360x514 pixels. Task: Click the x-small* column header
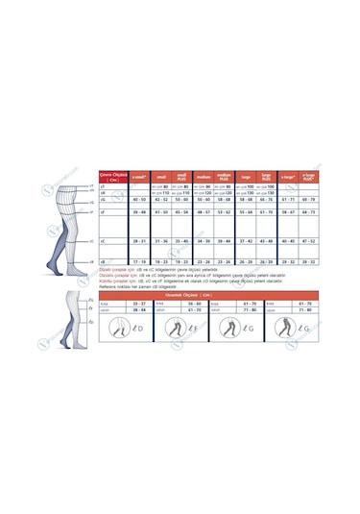tap(139, 177)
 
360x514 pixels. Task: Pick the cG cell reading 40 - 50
tap(139, 199)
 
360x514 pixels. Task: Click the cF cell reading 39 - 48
tap(139, 211)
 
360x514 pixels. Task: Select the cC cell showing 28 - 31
tap(139, 241)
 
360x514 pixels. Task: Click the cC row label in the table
tap(103, 241)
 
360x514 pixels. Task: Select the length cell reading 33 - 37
tap(138, 302)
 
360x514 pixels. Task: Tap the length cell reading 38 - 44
tap(138, 309)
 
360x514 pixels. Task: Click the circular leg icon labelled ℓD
tap(124, 330)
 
